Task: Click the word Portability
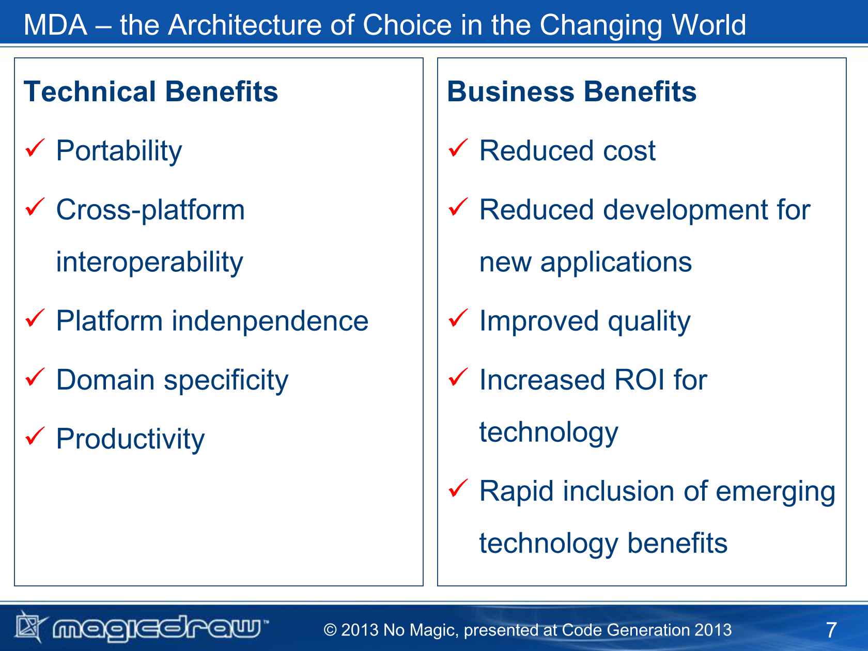pyautogui.click(x=119, y=151)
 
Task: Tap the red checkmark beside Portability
pyautogui.click(x=35, y=148)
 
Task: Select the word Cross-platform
pyautogui.click(x=150, y=210)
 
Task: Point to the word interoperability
pyautogui.click(x=149, y=262)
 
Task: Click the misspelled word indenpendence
pyautogui.click(x=270, y=321)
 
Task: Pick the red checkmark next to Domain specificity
pyautogui.click(x=35, y=377)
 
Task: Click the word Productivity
pyautogui.click(x=131, y=440)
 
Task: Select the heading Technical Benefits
pyautogui.click(x=151, y=91)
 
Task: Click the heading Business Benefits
pyautogui.click(x=572, y=91)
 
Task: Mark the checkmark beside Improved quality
pyautogui.click(x=458, y=318)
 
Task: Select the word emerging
pyautogui.click(x=776, y=492)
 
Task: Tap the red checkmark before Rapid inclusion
pyautogui.click(x=458, y=488)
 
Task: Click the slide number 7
pyautogui.click(x=832, y=630)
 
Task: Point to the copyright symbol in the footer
pyautogui.click(x=330, y=630)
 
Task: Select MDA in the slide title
pyautogui.click(x=55, y=25)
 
